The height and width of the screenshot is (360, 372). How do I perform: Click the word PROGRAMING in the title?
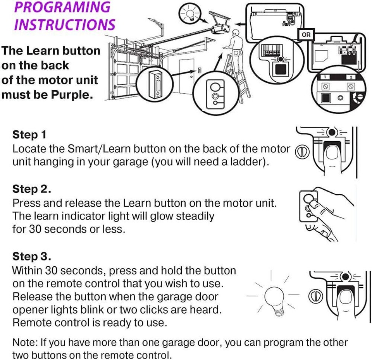coord(62,8)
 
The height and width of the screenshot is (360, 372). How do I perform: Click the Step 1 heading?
coord(29,135)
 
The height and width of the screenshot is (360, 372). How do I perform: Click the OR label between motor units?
coord(306,35)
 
